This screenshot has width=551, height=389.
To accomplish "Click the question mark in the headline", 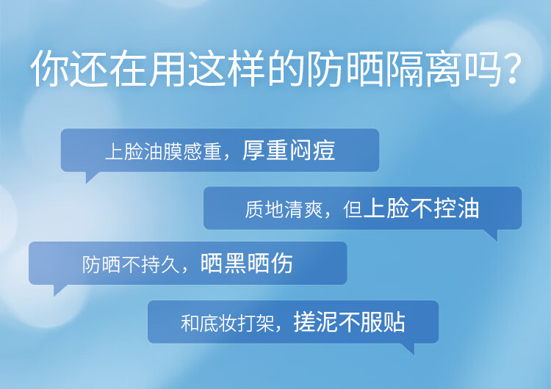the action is tap(509, 68).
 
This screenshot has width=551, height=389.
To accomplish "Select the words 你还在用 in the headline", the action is tap(107, 69).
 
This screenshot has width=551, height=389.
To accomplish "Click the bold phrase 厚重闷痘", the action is tap(289, 150).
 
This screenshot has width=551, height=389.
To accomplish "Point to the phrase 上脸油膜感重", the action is tap(163, 152).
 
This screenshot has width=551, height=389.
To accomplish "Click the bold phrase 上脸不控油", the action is tap(422, 208).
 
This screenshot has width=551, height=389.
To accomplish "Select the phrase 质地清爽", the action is tap(284, 209).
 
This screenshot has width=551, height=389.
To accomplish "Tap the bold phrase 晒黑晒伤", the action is tap(247, 263).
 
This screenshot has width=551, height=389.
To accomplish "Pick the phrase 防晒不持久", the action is tap(131, 264).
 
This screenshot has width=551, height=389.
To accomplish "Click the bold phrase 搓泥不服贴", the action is tap(349, 322).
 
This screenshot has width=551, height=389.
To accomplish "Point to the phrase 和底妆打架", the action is tap(227, 323).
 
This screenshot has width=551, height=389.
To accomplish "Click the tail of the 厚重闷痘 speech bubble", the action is tap(91, 177).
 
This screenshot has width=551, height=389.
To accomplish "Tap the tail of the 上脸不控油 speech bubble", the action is tap(491, 235).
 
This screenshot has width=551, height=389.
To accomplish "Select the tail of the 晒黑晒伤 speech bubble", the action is tap(59, 290).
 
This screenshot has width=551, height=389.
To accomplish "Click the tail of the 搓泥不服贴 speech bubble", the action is tap(408, 349).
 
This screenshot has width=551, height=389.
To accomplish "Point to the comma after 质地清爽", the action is tap(328, 215).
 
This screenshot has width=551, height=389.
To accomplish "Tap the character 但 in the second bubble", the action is tap(353, 209).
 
